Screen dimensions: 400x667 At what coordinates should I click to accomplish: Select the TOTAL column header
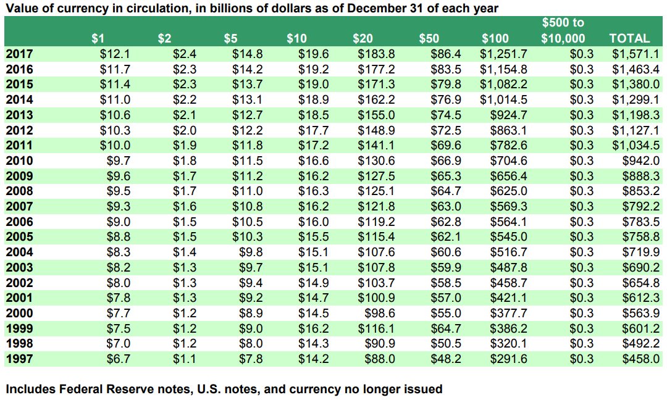click(x=629, y=38)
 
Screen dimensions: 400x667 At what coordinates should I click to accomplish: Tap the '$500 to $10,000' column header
click(x=563, y=30)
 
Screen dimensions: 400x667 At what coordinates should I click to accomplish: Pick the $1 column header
click(x=98, y=38)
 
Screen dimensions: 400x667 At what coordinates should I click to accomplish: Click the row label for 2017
click(x=19, y=54)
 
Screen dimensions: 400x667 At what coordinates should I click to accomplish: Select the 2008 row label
click(x=19, y=191)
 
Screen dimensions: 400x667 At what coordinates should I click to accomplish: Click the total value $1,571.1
click(x=636, y=54)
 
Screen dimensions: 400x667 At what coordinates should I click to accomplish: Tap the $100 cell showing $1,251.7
click(x=503, y=54)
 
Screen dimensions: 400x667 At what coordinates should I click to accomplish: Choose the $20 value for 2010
click(x=377, y=161)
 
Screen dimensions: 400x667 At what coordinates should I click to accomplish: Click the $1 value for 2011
click(x=115, y=146)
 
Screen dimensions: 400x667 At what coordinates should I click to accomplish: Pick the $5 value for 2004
click(x=250, y=252)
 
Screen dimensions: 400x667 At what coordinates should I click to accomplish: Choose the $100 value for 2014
click(x=503, y=100)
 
